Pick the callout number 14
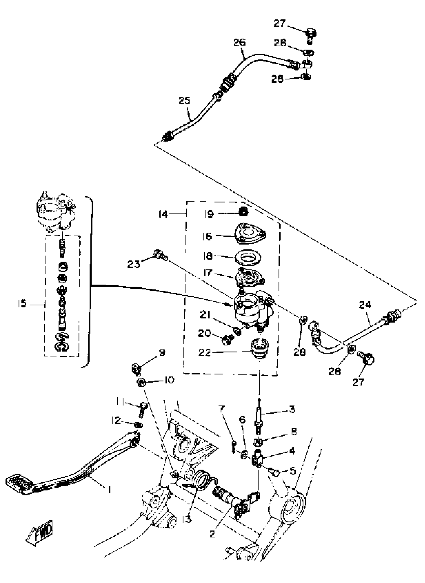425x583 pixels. coord(163,214)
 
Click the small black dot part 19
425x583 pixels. coord(243,212)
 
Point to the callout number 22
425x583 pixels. coord(204,352)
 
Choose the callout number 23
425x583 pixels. coord(134,264)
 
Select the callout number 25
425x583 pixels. coord(185,100)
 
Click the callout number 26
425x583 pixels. coord(239,42)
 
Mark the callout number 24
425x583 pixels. coord(365,305)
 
